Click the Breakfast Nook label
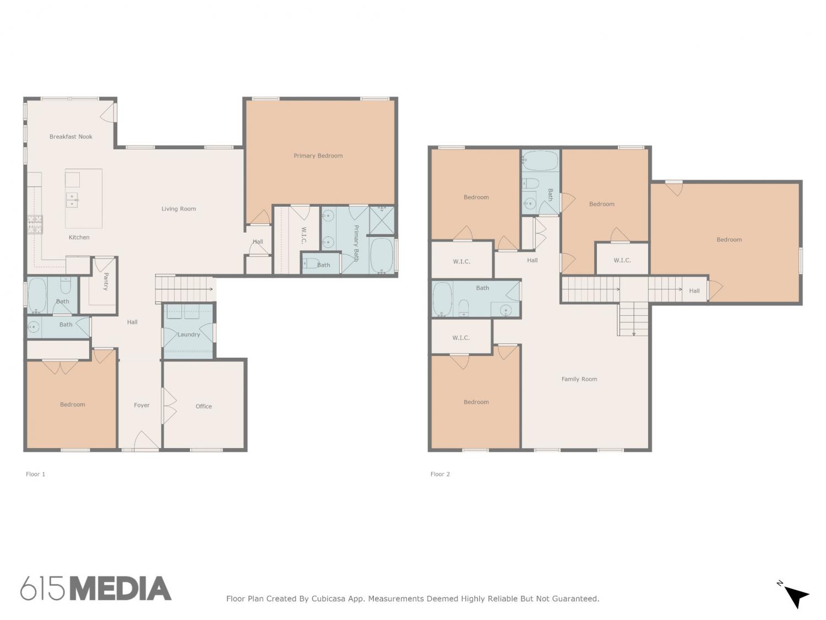pyautogui.click(x=70, y=137)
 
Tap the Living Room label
pyautogui.click(x=179, y=208)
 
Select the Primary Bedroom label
pyautogui.click(x=318, y=155)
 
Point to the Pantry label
pyautogui.click(x=106, y=281)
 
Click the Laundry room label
pyautogui.click(x=188, y=335)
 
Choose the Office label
pyautogui.click(x=204, y=406)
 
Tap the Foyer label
pyautogui.click(x=142, y=405)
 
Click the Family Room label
pyautogui.click(x=579, y=379)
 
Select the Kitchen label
pyautogui.click(x=79, y=237)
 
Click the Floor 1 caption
pyautogui.click(x=35, y=474)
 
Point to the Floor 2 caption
pyautogui.click(x=440, y=474)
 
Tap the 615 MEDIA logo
pyautogui.click(x=96, y=588)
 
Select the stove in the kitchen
pyautogui.click(x=35, y=224)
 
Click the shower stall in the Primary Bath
pyautogui.click(x=382, y=220)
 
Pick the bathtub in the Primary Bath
pyautogui.click(x=382, y=255)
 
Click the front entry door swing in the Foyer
pyautogui.click(x=146, y=440)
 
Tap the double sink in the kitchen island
pyautogui.click(x=72, y=200)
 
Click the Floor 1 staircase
pyautogui.click(x=185, y=289)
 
